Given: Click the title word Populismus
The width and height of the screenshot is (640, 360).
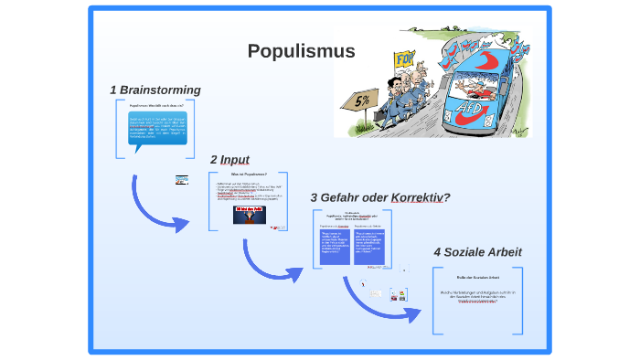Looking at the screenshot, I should click(301, 51).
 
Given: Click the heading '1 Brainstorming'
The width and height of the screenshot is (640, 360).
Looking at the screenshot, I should click(155, 90).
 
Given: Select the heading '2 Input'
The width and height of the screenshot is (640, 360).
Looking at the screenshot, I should click(229, 160).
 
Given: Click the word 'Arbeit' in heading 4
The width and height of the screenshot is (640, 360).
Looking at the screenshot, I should click(501, 251).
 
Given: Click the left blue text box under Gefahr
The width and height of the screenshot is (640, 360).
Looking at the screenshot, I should click(336, 247).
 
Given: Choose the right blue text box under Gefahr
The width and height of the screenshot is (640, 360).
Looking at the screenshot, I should click(377, 247).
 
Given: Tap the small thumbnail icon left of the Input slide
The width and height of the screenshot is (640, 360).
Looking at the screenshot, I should click(182, 179).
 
